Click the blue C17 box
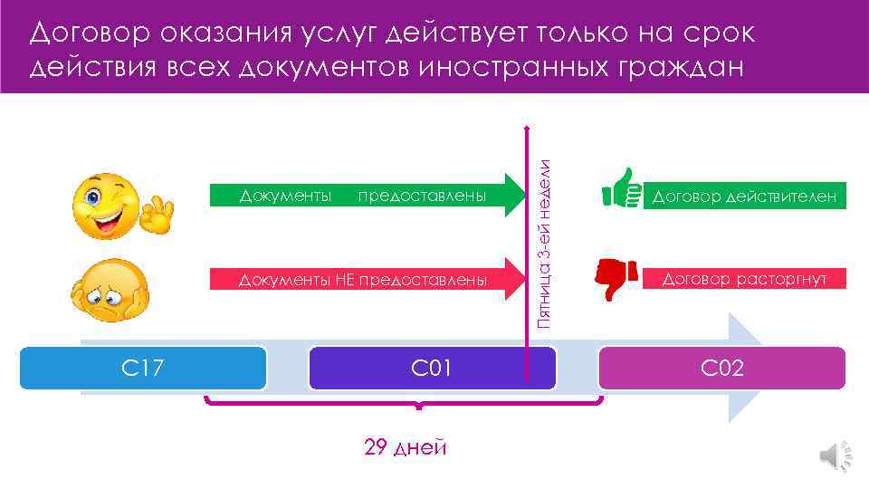click(143, 369)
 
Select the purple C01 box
click(432, 369)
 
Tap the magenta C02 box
click(721, 369)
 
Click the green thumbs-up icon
click(621, 188)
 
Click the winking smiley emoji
click(106, 206)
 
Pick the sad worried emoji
click(106, 290)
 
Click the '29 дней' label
click(405, 446)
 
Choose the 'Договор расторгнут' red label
click(745, 280)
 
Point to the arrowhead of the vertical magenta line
click(525, 127)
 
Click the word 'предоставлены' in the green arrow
click(422, 197)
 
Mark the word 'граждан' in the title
click(692, 69)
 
